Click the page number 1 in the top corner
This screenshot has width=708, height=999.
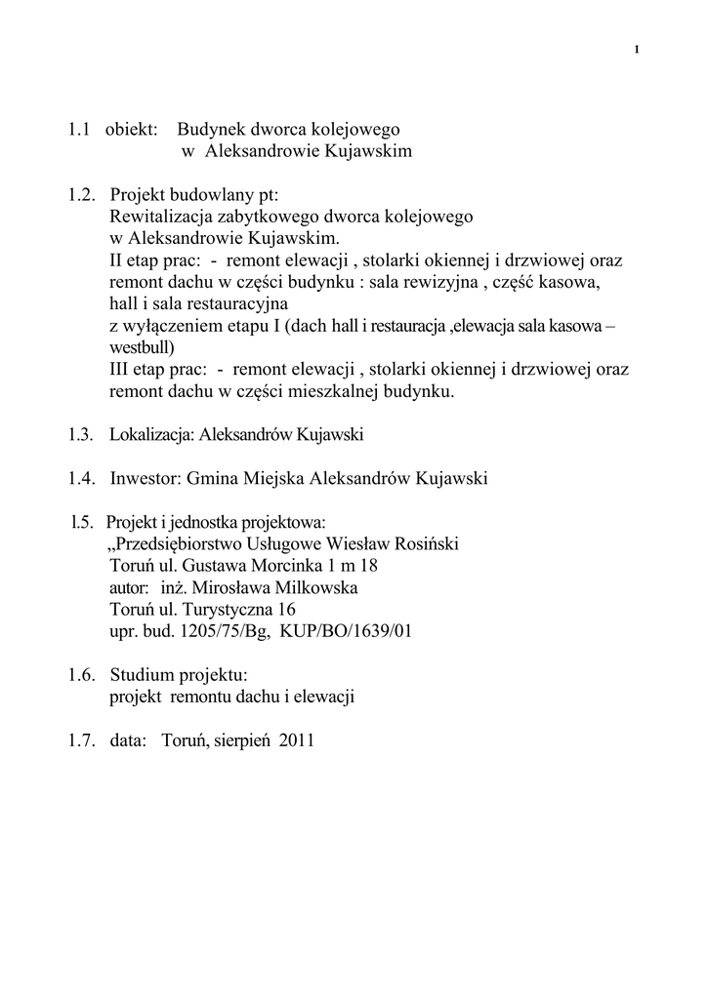coord(637,50)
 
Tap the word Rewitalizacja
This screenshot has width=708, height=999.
coord(161,217)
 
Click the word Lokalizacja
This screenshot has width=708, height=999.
coord(152,435)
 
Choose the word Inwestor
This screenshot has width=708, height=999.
coord(146,478)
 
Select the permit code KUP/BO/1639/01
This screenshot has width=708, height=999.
coord(346,631)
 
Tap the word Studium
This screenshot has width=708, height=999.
coord(143,675)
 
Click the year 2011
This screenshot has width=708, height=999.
coord(296,740)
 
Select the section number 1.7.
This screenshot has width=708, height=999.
coord(81,740)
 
